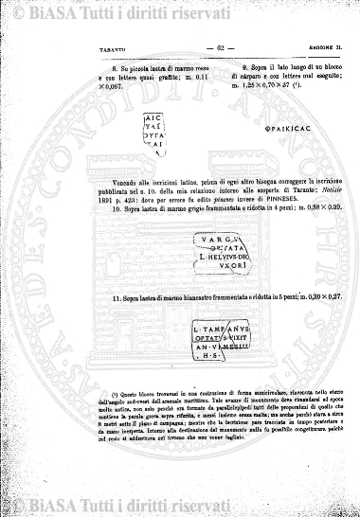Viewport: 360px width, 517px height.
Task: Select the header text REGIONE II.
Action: (x=316, y=48)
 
